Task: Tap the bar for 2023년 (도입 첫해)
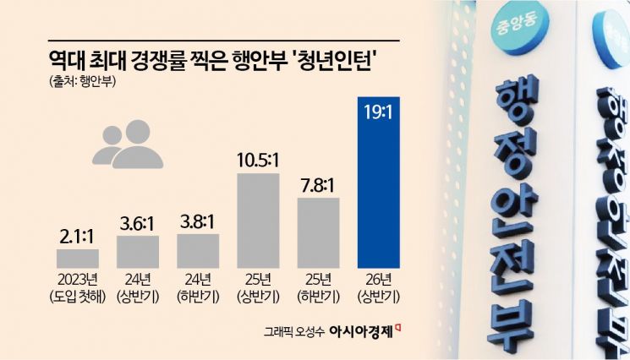pos(78,258)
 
